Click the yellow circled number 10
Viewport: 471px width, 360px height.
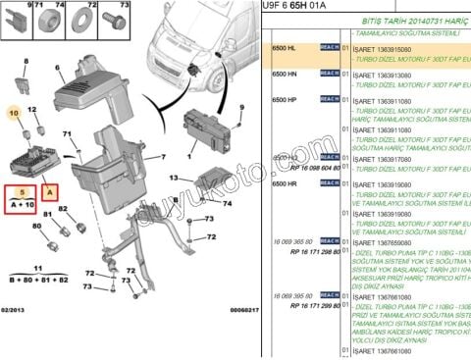(14, 114)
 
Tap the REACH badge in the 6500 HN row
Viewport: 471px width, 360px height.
(328, 74)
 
